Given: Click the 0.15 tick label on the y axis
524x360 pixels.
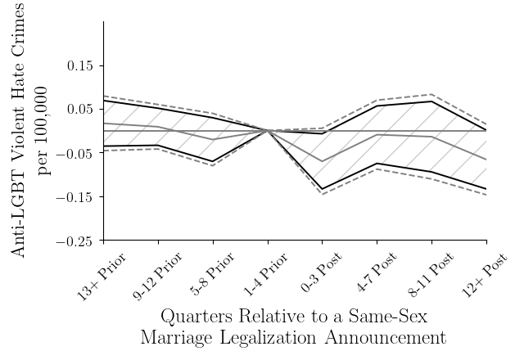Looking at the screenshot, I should [x=80, y=65].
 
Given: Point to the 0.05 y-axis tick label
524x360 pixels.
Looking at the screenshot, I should [x=80, y=110].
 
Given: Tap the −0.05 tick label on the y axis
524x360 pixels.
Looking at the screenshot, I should [x=76, y=153].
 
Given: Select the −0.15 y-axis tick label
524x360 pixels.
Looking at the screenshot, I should [x=76, y=197].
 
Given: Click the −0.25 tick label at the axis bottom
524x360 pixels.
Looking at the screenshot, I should [x=76, y=241].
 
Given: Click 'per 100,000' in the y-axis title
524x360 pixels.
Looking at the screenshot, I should [x=44, y=131].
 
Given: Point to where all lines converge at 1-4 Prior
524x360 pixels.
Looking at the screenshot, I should [x=268, y=131].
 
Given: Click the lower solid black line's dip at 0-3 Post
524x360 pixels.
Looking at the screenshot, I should [x=323, y=189].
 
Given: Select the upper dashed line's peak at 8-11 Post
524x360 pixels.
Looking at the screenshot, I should [x=432, y=94].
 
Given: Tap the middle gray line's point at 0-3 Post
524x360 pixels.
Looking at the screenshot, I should [x=323, y=161].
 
